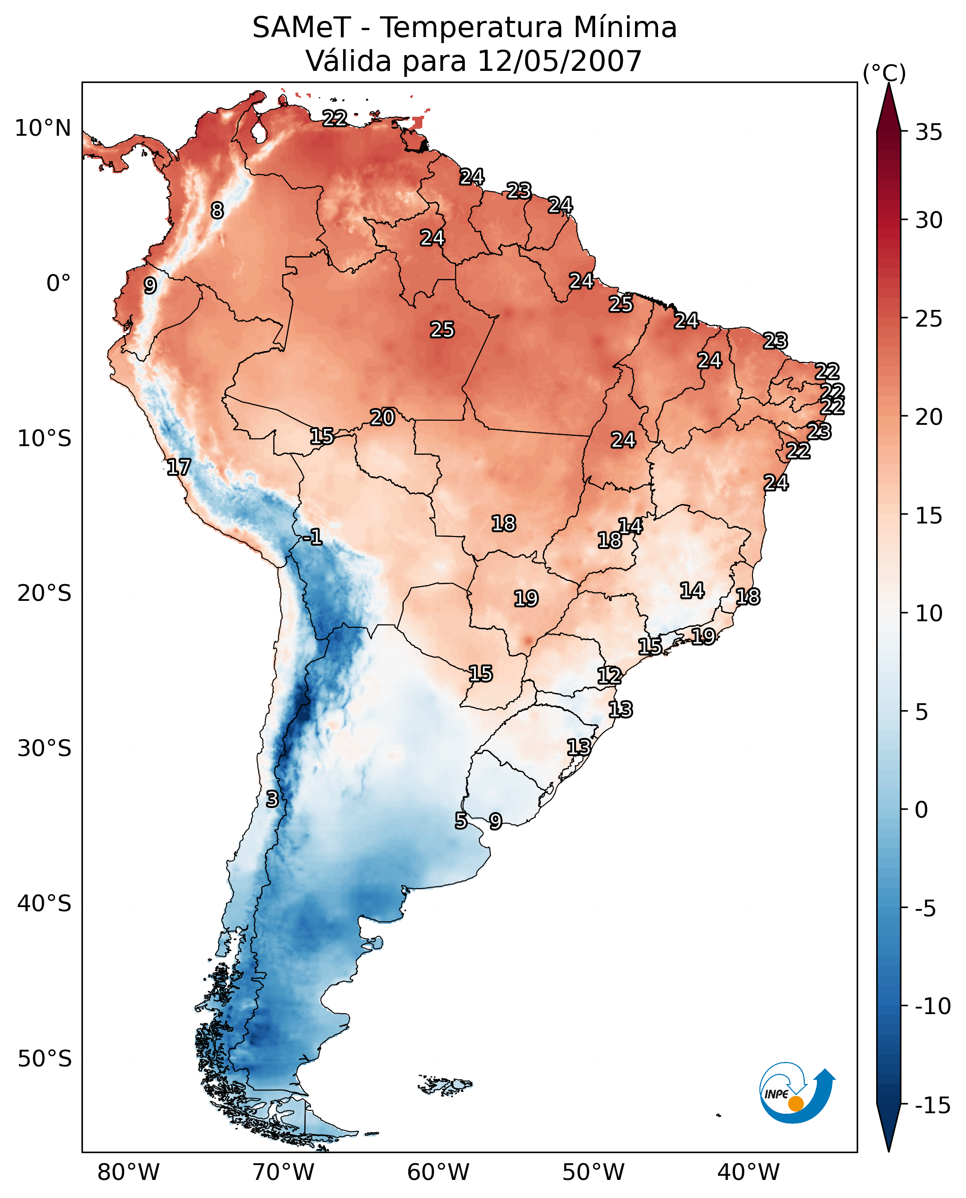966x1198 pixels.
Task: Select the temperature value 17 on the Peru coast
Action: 179,467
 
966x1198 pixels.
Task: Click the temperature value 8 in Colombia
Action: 217,210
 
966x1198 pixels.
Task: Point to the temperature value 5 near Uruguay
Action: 461,820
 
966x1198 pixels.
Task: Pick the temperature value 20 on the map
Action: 383,417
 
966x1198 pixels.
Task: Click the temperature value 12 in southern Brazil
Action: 609,676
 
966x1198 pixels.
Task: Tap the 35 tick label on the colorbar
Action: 928,132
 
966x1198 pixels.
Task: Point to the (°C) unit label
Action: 884,73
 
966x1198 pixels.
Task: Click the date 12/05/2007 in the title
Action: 559,61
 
